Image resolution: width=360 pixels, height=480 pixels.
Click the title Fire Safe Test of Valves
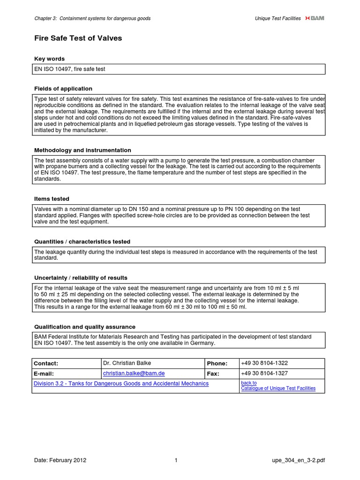tap(78, 38)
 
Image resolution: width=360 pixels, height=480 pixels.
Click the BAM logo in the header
tap(315, 18)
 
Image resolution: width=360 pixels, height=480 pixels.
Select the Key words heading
tap(50, 59)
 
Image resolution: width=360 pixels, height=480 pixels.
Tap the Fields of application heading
tap(63, 89)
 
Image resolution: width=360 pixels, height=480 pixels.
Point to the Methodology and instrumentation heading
tap(83, 150)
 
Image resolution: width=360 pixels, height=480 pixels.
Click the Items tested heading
tap(52, 199)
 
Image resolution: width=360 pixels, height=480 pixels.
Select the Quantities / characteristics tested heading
tap(82, 241)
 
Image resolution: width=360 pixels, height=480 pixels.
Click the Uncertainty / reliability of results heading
tap(81, 277)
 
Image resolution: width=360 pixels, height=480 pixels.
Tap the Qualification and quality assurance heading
tap(85, 326)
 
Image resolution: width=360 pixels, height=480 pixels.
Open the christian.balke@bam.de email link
tap(134, 374)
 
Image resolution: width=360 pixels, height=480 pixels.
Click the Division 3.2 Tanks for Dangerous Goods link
tap(121, 383)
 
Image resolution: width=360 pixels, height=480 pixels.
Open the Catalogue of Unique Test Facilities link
tap(278, 388)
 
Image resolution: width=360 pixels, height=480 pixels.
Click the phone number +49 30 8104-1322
tap(264, 363)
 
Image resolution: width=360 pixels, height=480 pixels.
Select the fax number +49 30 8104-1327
tap(264, 374)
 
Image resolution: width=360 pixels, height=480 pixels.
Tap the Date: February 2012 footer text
tap(60, 460)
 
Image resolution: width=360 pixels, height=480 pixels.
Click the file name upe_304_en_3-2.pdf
tap(298, 460)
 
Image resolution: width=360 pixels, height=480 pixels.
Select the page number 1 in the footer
tap(176, 460)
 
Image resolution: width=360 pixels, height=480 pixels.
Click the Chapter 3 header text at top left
tap(93, 18)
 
